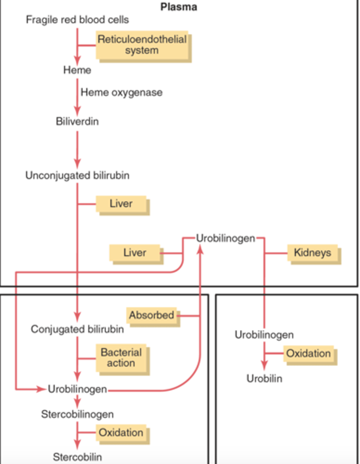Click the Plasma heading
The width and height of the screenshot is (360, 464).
coord(179,7)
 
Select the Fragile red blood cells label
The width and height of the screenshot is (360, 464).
coord(77,20)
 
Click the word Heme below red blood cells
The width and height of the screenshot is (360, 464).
coord(77,70)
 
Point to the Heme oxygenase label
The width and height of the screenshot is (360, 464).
coord(121,93)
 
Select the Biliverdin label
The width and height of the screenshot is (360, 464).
coord(77,121)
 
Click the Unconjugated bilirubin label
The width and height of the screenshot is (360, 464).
coord(77,176)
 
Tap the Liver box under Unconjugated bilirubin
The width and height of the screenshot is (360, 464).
coord(121,204)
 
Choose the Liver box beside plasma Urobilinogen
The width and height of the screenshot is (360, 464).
coord(135,253)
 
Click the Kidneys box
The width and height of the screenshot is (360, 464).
coord(312,253)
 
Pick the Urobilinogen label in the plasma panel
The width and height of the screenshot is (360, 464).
coord(225,238)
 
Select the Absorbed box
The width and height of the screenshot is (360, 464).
coord(152,315)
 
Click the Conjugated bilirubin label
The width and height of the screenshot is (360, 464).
coord(77,329)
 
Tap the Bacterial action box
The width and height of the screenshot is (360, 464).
coord(121,358)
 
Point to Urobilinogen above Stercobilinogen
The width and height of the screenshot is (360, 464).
coord(77,389)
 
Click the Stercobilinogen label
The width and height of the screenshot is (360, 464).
coord(77,415)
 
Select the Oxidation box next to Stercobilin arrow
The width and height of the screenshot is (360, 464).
coord(121,433)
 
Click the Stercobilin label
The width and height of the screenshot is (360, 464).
coord(77,457)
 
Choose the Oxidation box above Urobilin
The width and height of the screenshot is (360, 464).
coord(309,353)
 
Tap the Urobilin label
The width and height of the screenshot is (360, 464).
coord(264,379)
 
